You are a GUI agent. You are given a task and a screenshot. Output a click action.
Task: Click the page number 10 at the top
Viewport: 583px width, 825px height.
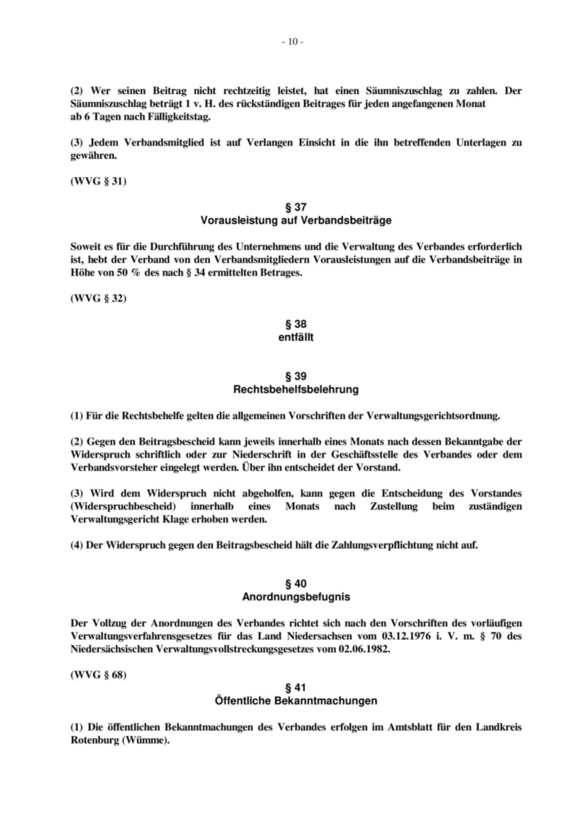(291, 42)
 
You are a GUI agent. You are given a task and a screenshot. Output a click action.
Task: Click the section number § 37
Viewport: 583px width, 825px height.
(291, 207)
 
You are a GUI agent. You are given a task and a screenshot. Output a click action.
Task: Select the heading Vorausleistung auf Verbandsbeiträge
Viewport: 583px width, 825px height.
(291, 219)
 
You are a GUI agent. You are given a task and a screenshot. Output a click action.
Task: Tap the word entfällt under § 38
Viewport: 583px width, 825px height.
(291, 337)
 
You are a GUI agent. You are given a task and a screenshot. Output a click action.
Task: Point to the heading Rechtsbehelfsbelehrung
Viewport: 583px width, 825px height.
(291, 389)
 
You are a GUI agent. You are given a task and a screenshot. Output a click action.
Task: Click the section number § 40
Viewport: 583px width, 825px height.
(291, 584)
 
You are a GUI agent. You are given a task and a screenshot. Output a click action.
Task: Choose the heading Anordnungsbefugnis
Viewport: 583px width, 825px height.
(291, 597)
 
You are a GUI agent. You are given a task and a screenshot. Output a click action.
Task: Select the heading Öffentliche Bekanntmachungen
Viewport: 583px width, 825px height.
(291, 701)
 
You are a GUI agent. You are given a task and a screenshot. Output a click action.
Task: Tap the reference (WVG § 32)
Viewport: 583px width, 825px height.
(98, 298)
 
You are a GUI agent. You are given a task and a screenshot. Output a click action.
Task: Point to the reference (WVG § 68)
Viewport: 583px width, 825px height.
(98, 675)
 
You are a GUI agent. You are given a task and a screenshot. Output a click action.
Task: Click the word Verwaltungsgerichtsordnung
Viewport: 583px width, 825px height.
(437, 416)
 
